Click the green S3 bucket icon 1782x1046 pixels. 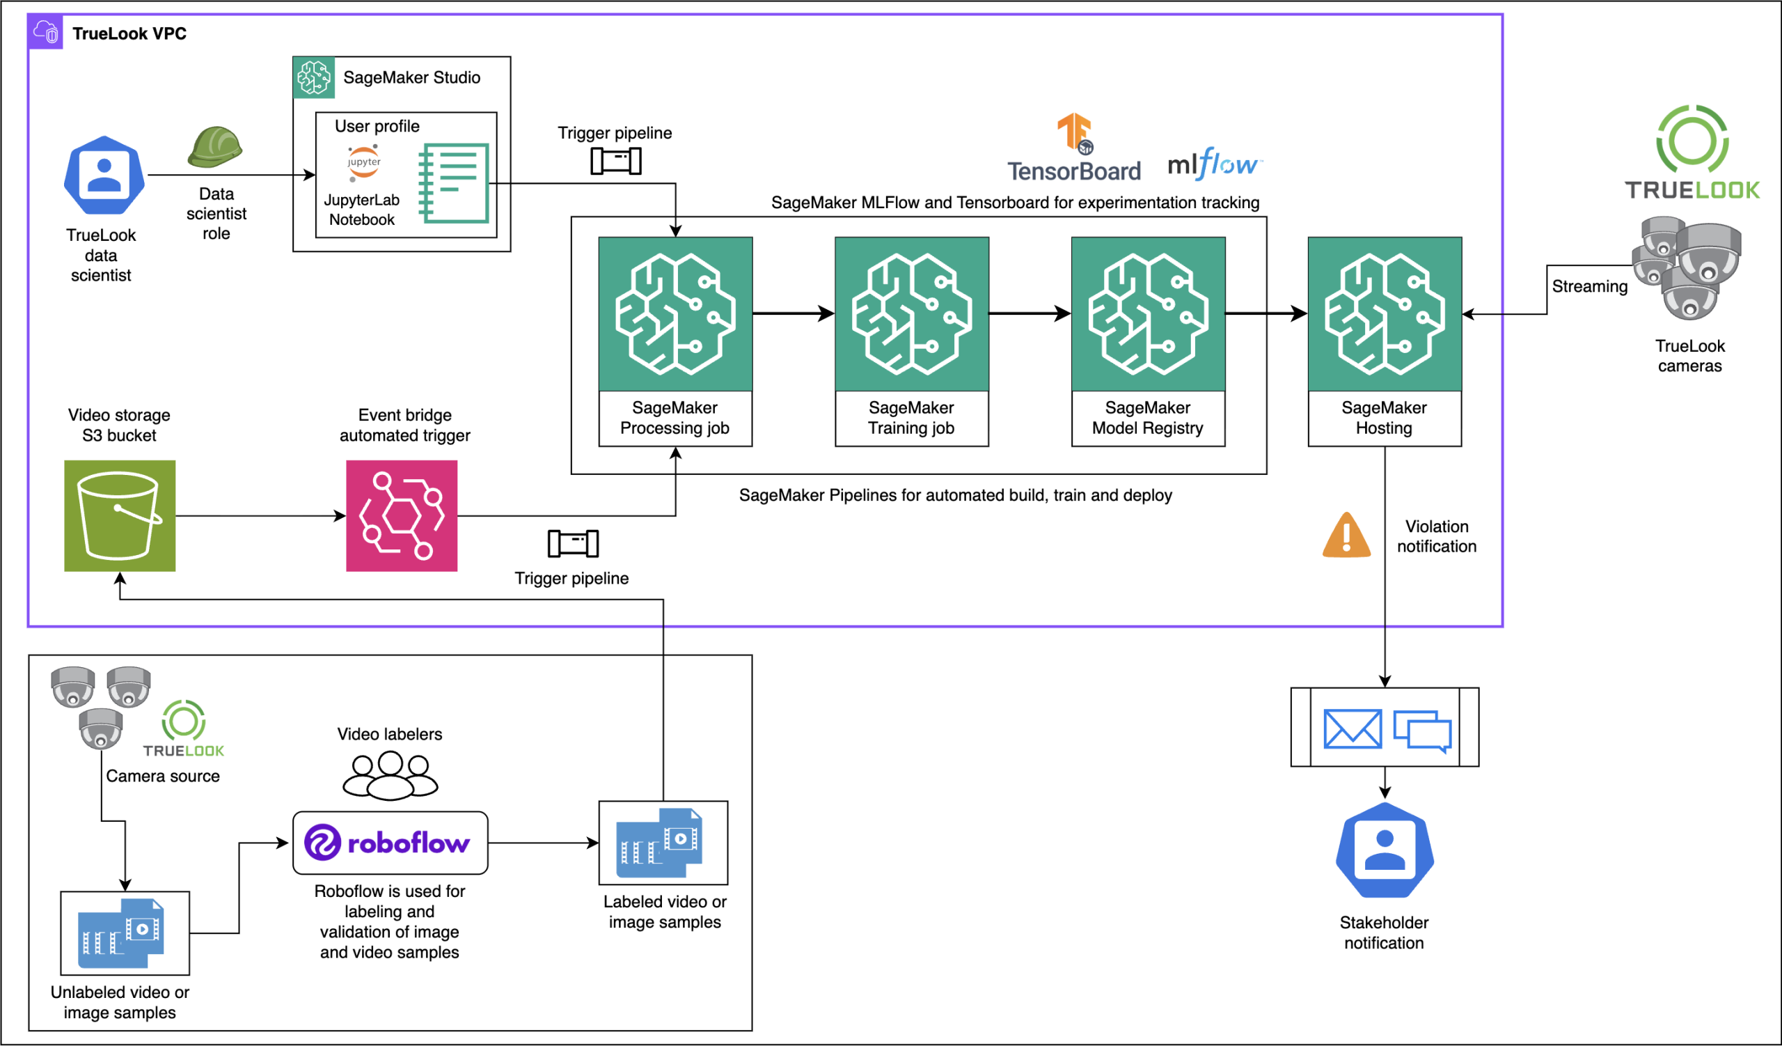coord(120,515)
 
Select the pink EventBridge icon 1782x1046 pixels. coord(402,515)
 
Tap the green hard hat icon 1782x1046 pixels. coord(215,147)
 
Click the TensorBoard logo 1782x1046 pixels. coord(1074,148)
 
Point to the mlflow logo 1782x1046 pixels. coord(1213,164)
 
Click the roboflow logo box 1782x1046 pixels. coord(391,843)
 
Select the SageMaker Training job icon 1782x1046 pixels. coord(911,314)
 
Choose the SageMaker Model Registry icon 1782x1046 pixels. coord(1148,314)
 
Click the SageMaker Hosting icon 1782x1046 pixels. coord(1385,314)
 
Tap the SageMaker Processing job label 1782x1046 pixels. coord(675,418)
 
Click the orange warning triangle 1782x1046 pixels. coord(1346,536)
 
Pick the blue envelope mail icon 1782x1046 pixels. coord(1352,728)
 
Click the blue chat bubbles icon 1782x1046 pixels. coord(1422,731)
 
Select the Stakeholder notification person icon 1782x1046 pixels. coord(1385,851)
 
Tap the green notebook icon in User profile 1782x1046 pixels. coord(454,183)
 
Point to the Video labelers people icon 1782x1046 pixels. coord(391,775)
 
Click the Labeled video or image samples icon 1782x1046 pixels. coord(663,843)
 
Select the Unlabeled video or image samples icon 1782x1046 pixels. coord(125,933)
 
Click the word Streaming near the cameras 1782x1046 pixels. coord(1589,286)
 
